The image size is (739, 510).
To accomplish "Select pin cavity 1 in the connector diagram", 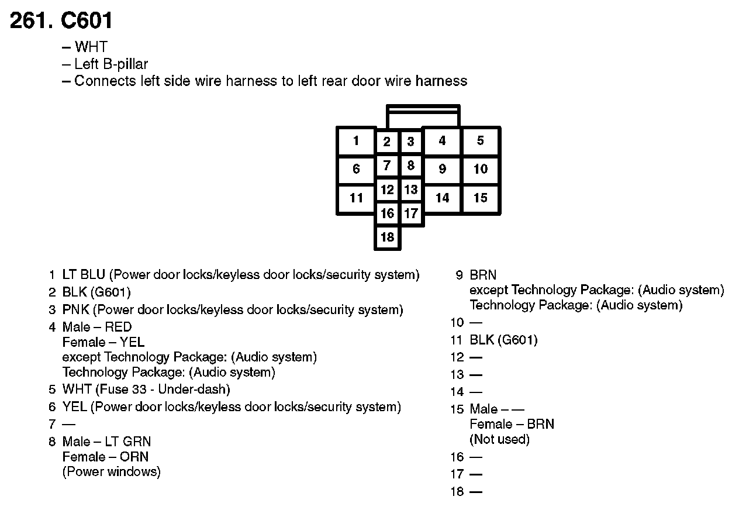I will (x=356, y=141).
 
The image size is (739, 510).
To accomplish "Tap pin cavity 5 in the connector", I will (x=480, y=141).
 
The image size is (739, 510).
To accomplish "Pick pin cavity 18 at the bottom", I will (x=387, y=237).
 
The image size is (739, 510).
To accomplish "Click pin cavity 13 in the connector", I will (x=411, y=189).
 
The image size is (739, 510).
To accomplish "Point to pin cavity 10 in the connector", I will (x=480, y=169).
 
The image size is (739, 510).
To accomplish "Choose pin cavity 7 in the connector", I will (x=387, y=166).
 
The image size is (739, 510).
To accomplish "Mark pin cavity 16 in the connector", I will (x=387, y=213).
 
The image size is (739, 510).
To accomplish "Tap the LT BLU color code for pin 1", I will (x=84, y=275).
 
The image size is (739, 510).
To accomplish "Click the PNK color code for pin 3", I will (x=75, y=310).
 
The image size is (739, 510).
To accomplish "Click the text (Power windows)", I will (x=111, y=472).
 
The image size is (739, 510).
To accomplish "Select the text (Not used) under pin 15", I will (x=499, y=439).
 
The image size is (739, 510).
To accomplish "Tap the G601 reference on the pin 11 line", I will (x=517, y=340).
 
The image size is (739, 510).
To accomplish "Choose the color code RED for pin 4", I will (x=118, y=327).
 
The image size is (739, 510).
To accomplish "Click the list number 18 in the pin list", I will (x=457, y=492).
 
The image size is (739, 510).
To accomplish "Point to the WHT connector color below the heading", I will (x=91, y=47).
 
